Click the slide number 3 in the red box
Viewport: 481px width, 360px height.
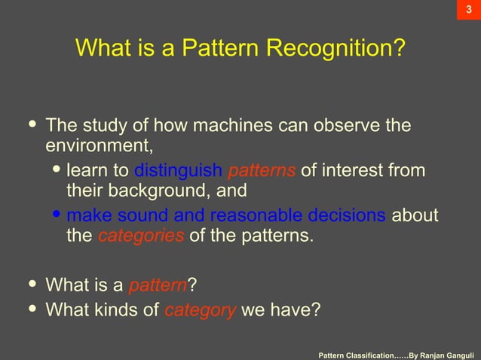tap(468, 10)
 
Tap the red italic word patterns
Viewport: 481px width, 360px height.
tap(261, 170)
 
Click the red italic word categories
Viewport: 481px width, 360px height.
tap(141, 236)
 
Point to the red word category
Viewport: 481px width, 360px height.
tap(200, 309)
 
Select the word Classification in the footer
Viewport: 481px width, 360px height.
tap(377, 353)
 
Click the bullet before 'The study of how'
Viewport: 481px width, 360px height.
tap(32, 124)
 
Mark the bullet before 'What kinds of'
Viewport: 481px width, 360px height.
tap(32, 308)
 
